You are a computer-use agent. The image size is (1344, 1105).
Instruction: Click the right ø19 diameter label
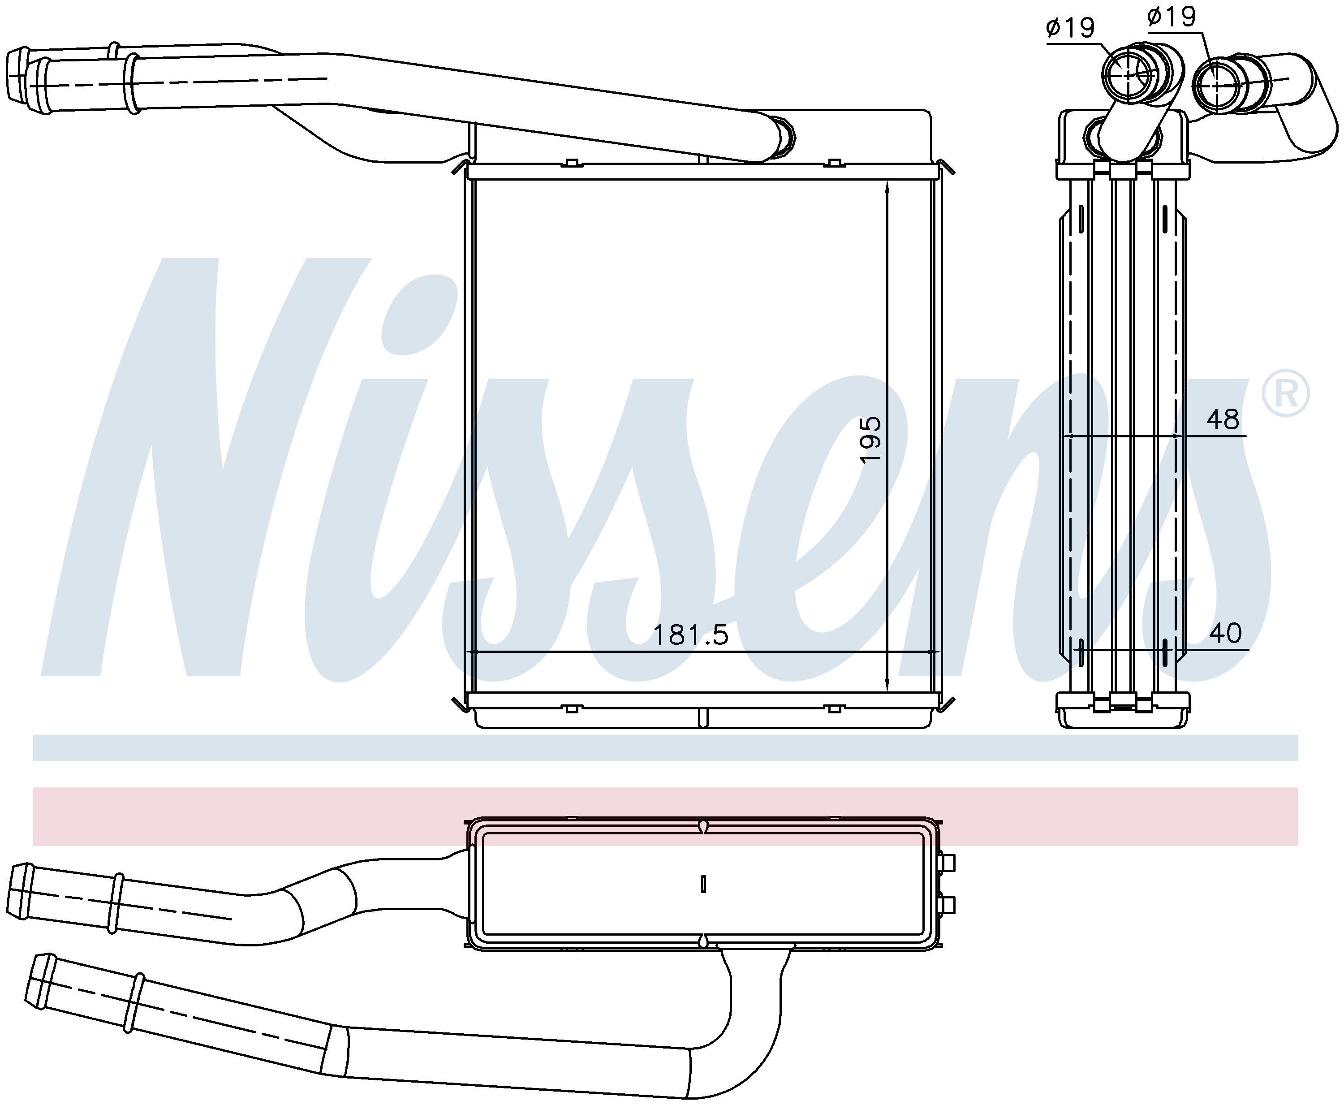[1172, 17]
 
